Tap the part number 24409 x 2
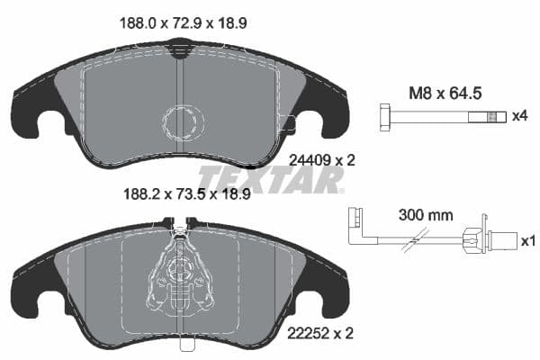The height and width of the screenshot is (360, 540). pos(322,159)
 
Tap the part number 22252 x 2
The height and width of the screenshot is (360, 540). pos(322,332)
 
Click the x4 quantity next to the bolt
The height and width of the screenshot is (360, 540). pos(518,117)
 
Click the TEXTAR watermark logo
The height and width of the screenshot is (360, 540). pos(271,179)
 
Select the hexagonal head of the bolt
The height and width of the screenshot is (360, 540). pos(383,116)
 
